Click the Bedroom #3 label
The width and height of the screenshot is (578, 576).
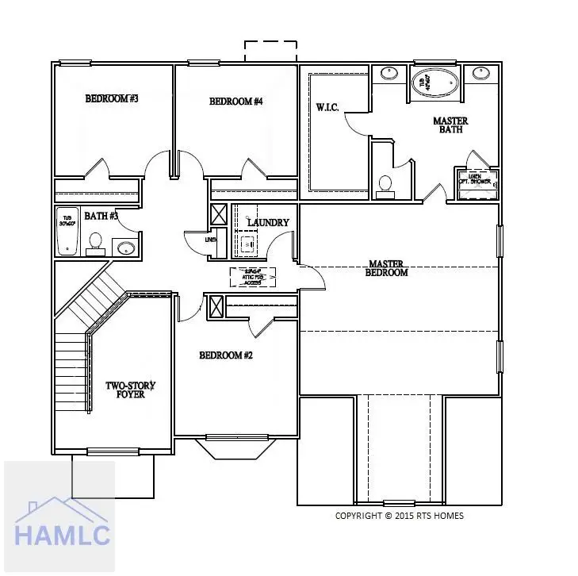pyautogui.click(x=112, y=99)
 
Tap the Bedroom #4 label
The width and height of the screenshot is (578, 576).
pyautogui.click(x=235, y=102)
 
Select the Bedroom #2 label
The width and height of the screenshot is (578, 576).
pyautogui.click(x=225, y=355)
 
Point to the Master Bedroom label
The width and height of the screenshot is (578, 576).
pyautogui.click(x=386, y=268)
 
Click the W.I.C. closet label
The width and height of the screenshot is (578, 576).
pyautogui.click(x=327, y=107)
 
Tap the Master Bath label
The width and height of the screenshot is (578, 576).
pyautogui.click(x=450, y=125)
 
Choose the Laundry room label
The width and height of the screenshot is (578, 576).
pyautogui.click(x=268, y=223)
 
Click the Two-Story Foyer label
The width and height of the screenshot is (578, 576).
pyautogui.click(x=130, y=390)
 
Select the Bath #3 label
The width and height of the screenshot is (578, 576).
pyautogui.click(x=101, y=216)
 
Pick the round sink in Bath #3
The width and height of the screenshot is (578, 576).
pyautogui.click(x=126, y=248)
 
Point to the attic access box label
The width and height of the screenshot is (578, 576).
pyautogui.click(x=253, y=277)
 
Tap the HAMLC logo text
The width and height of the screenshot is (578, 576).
pyautogui.click(x=59, y=537)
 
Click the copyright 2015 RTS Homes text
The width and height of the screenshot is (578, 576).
pyautogui.click(x=399, y=516)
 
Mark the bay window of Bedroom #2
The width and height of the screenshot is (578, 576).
pyautogui.click(x=237, y=447)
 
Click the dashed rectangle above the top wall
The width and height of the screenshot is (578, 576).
pyautogui.click(x=270, y=51)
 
